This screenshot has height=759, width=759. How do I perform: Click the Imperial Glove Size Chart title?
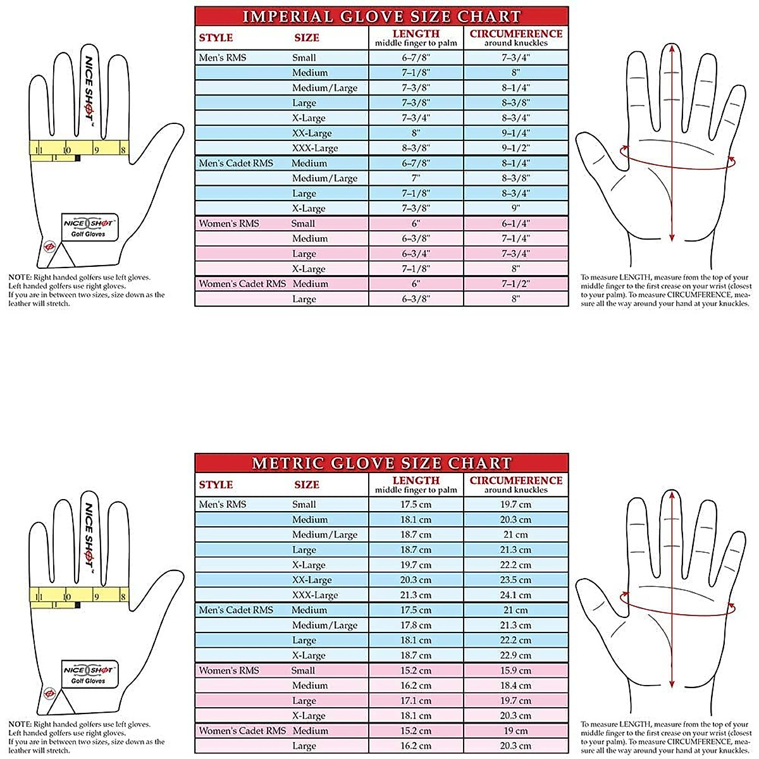coord(381,16)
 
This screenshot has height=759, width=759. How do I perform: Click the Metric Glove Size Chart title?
coord(381,463)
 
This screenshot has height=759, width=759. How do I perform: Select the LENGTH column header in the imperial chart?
coord(416,38)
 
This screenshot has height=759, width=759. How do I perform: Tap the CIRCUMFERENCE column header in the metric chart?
coord(515,484)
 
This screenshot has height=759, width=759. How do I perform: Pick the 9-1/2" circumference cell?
coord(515,148)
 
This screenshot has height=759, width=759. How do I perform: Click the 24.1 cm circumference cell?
coord(515,595)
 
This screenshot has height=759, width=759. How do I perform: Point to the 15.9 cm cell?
coord(515,670)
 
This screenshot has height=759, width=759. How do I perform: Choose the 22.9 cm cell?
coord(515,655)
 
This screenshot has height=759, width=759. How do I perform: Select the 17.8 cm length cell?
coord(416,625)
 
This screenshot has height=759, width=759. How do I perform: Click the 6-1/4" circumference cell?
coord(515,223)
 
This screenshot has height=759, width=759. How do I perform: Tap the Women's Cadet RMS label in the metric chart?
coord(242,731)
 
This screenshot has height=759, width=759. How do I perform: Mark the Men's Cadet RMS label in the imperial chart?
coord(236,163)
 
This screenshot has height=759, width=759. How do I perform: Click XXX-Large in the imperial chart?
coord(315,148)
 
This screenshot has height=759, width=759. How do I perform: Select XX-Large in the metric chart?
coord(312,580)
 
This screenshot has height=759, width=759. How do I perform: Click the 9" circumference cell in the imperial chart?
coord(515,208)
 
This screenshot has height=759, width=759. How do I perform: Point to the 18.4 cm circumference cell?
coord(515,686)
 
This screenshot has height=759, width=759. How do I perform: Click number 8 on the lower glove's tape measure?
coord(123,597)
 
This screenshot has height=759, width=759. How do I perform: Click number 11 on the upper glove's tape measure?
coord(39,151)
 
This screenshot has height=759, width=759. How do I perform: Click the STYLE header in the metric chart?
coord(216,484)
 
